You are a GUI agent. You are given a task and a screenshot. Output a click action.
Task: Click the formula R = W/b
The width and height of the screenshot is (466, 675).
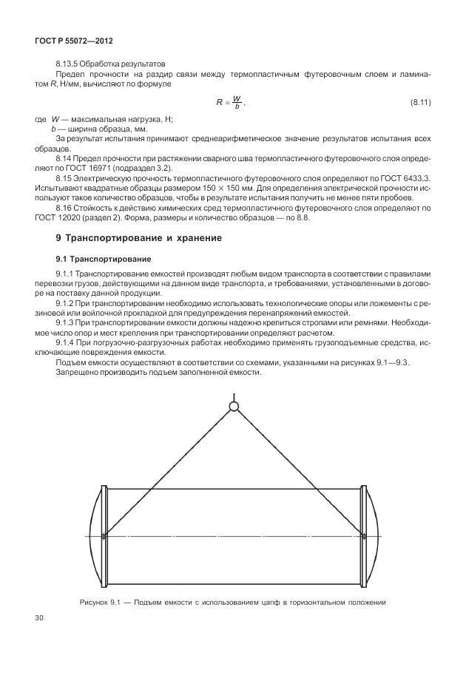pyautogui.click(x=230, y=101)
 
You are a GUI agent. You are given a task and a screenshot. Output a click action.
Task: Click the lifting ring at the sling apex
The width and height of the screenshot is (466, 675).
pyautogui.click(x=234, y=405)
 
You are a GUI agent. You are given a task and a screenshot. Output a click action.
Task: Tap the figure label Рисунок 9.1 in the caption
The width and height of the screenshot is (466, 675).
pyautogui.click(x=99, y=603)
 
